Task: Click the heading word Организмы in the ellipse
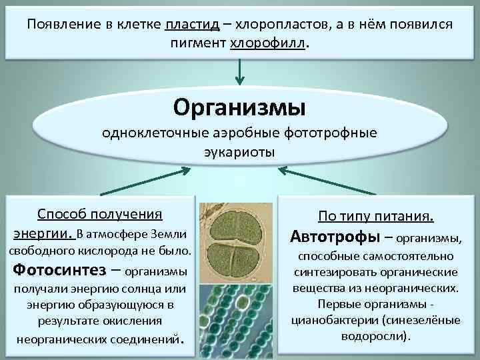(239, 106)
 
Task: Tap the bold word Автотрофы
(335, 237)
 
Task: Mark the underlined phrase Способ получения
(100, 214)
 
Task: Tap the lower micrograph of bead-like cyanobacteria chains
(237, 313)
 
